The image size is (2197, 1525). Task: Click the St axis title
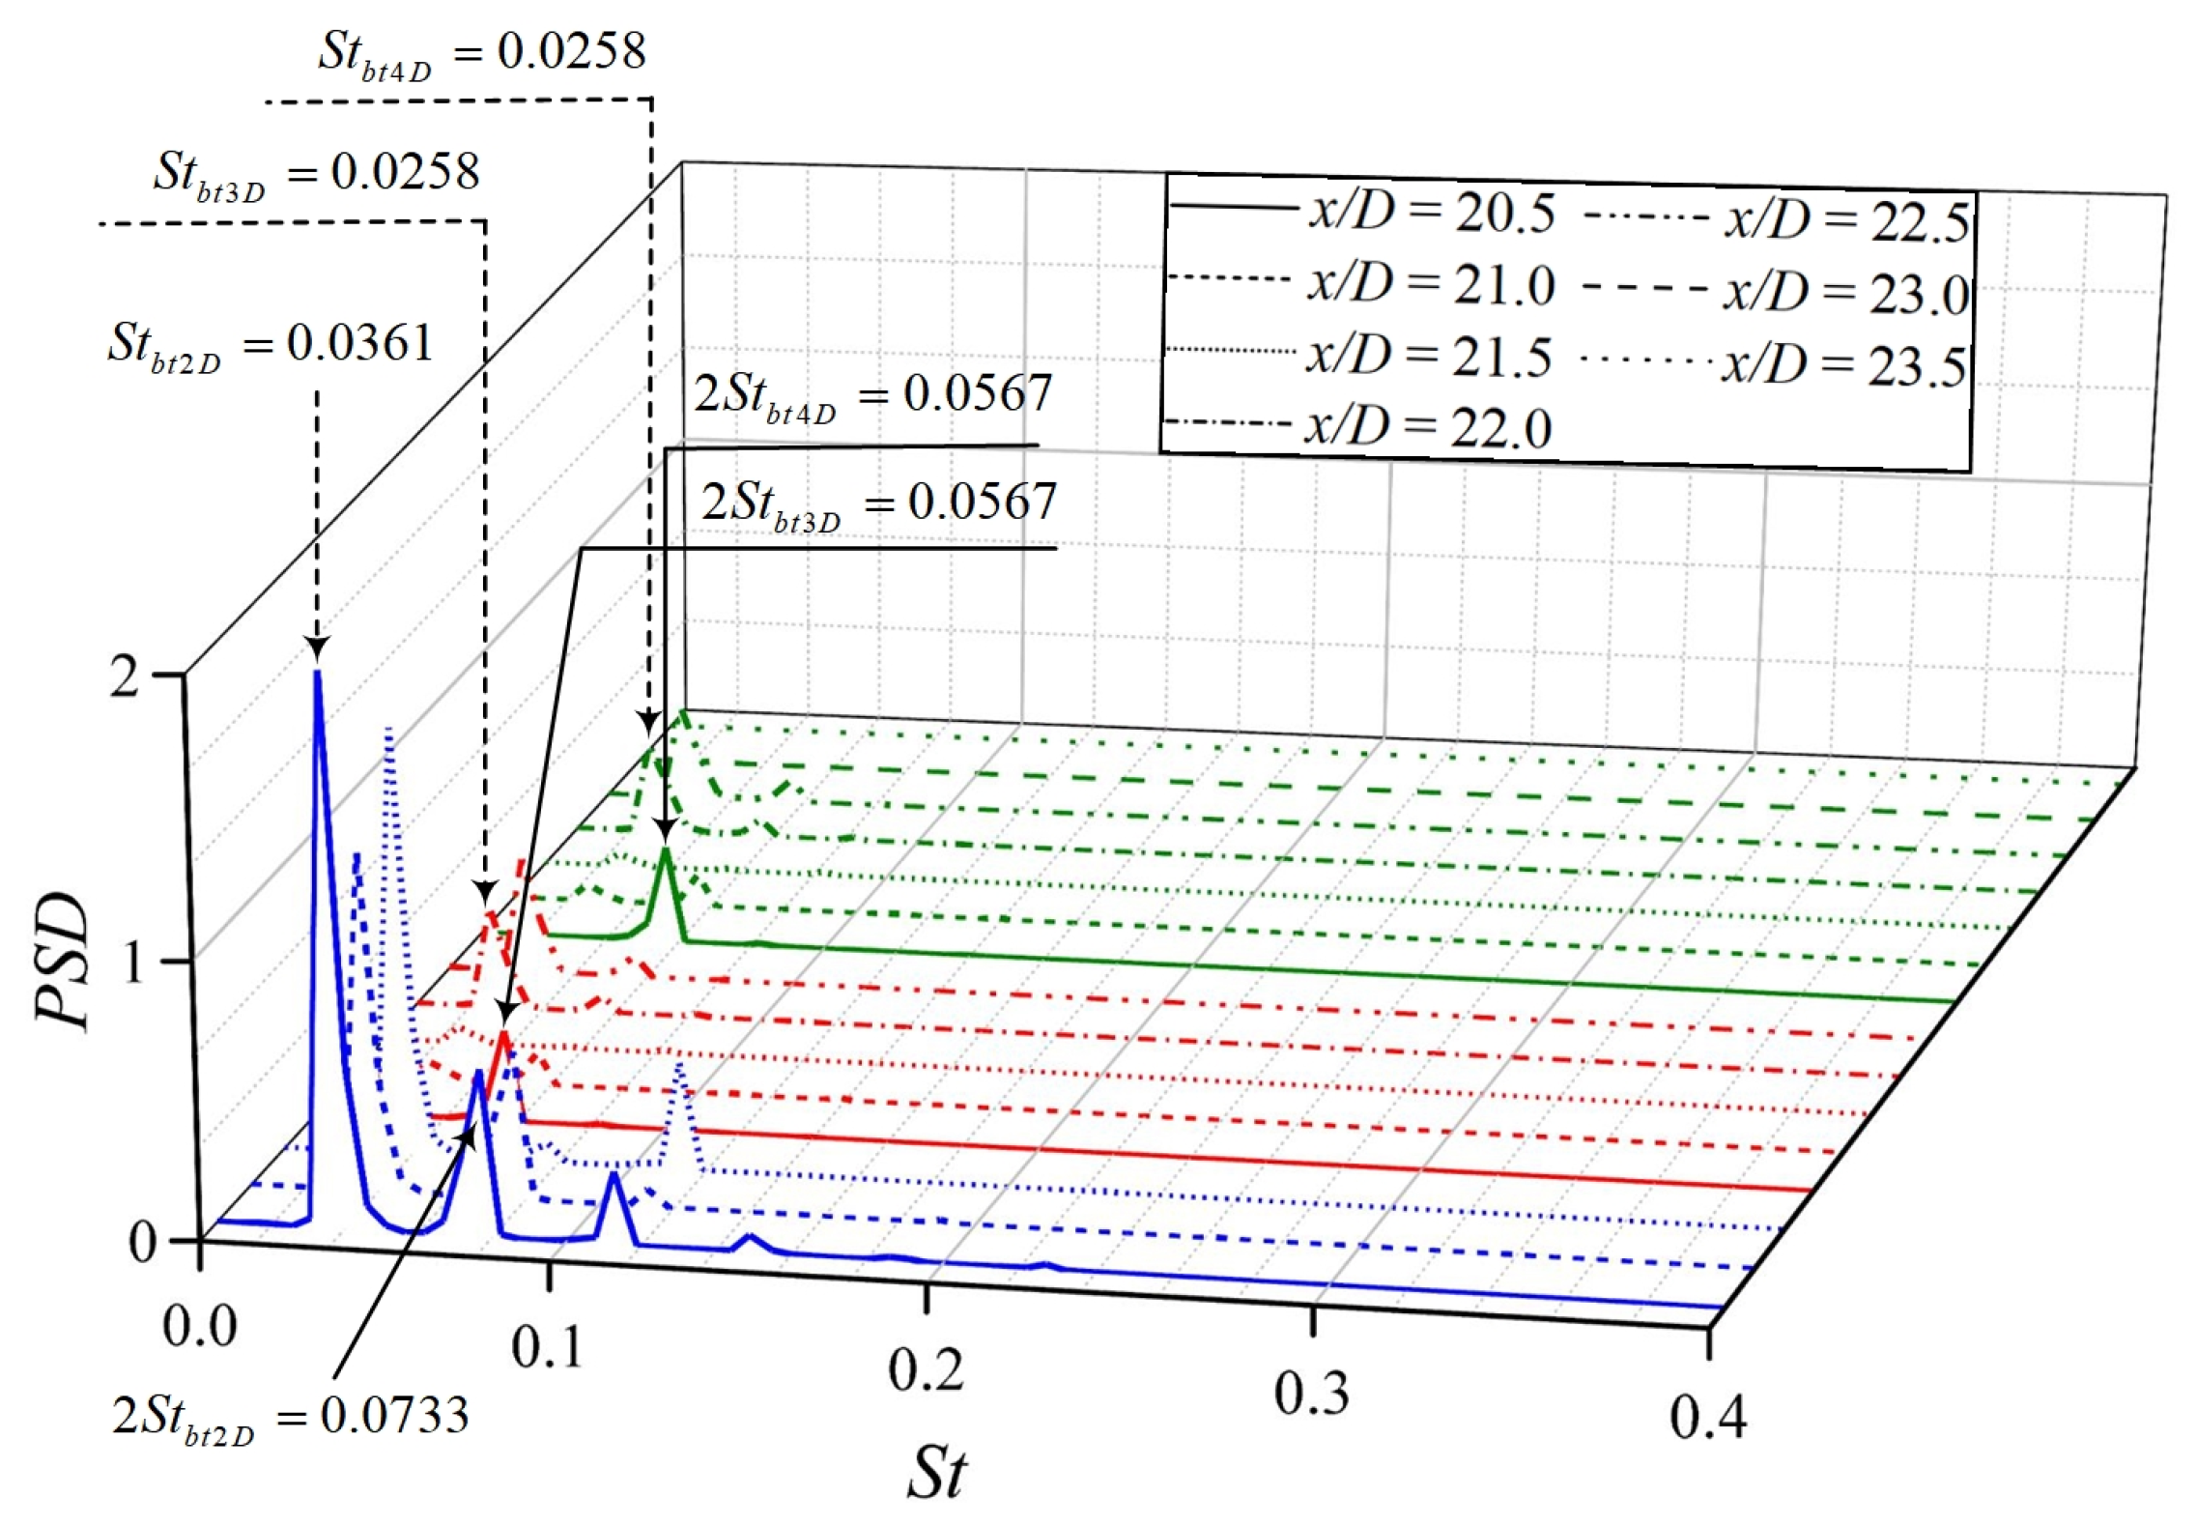click(935, 1472)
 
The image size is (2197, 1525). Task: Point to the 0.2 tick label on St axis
click(925, 1370)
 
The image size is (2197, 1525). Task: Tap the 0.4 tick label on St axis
click(1707, 1418)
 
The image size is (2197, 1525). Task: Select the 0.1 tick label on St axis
click(547, 1346)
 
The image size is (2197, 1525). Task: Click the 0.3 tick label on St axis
click(1311, 1394)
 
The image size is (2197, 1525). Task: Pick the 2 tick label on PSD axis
click(124, 676)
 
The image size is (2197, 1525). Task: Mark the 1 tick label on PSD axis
click(128, 962)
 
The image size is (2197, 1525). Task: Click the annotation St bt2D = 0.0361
click(271, 344)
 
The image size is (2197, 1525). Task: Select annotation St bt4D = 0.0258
click(481, 51)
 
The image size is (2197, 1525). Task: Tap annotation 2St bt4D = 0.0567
click(872, 394)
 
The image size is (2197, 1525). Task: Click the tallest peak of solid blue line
click(317, 673)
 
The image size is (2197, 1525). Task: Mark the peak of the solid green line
click(665, 850)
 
